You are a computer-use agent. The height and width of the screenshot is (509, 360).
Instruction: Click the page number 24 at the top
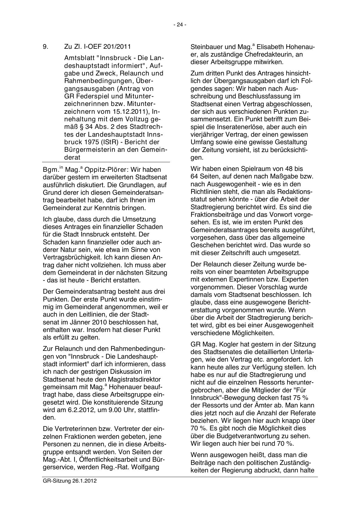pyautogui.click(x=180, y=25)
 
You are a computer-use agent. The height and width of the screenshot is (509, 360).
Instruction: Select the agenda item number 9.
pyautogui.click(x=45, y=46)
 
